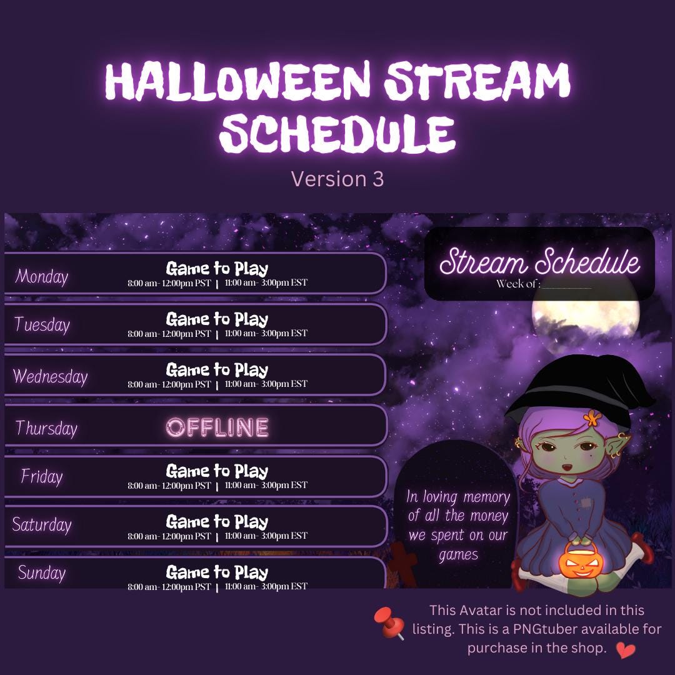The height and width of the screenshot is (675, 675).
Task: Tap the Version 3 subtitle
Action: click(x=337, y=179)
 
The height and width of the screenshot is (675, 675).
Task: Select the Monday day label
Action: click(x=42, y=276)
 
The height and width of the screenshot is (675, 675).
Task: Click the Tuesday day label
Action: click(x=42, y=325)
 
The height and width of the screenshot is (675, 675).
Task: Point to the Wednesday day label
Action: click(x=50, y=376)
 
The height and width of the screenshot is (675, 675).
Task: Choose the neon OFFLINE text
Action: click(x=217, y=427)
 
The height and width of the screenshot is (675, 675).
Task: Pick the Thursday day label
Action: click(x=46, y=428)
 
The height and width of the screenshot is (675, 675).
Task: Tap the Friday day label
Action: click(x=42, y=477)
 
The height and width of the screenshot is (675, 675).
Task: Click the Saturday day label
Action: click(x=42, y=525)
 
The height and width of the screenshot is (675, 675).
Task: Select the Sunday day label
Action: click(x=42, y=572)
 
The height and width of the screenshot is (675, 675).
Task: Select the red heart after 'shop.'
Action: click(x=625, y=650)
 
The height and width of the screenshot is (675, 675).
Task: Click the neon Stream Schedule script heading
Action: click(x=539, y=262)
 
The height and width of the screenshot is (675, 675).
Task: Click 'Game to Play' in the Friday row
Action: click(x=217, y=471)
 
